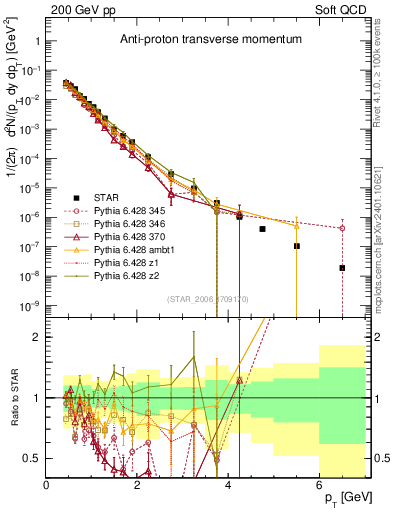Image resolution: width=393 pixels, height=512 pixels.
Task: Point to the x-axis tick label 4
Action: [228, 483]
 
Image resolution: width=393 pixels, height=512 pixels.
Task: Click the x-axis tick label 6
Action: [319, 483]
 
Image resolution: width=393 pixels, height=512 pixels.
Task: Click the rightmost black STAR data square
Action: [342, 268]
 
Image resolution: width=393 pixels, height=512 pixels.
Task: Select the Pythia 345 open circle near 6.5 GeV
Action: [342, 228]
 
